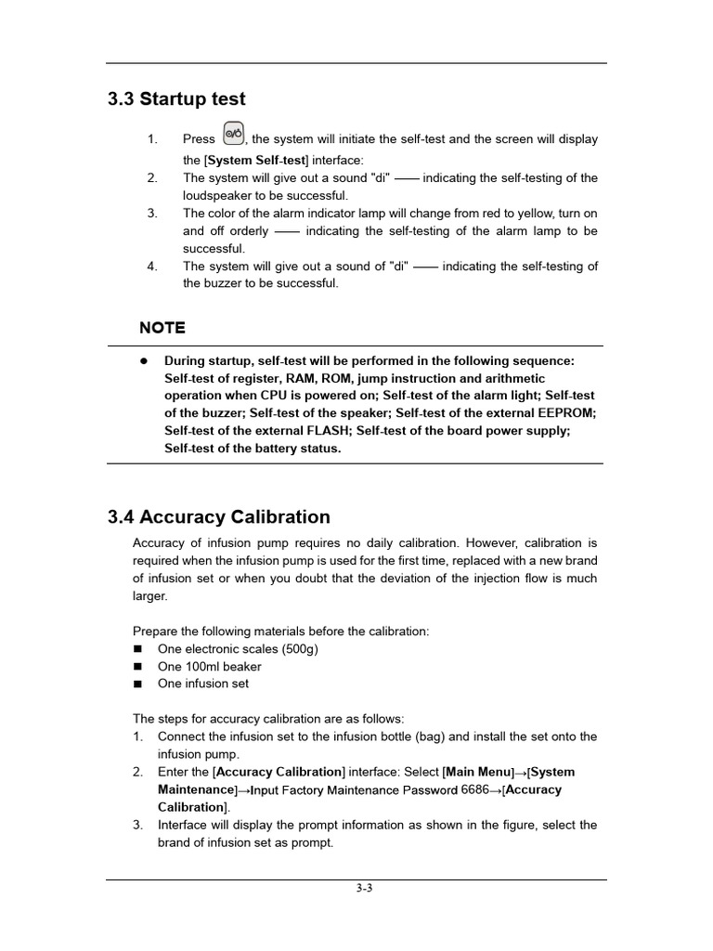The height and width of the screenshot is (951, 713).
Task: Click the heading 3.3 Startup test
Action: [176, 99]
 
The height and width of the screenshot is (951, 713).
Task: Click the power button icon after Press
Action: [234, 134]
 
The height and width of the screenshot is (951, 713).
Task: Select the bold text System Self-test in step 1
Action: [255, 160]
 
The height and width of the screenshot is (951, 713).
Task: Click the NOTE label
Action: [162, 328]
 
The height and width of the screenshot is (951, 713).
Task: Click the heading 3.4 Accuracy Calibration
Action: [219, 517]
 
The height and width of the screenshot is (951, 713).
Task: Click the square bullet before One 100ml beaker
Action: [138, 667]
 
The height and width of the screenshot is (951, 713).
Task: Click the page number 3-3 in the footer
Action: [364, 888]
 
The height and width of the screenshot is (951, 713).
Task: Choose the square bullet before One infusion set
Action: [138, 684]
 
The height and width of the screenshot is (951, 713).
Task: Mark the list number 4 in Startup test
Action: [151, 267]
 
